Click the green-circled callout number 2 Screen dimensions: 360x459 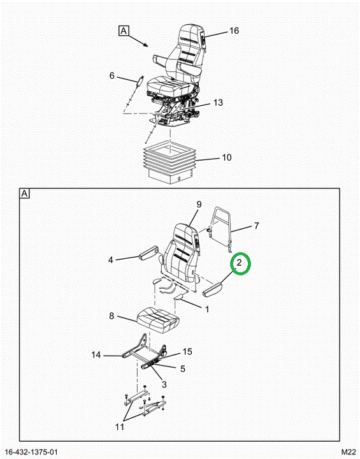(239, 263)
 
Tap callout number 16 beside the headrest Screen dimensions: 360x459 (234, 31)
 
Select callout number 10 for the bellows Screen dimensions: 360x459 (227, 157)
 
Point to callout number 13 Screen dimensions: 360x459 (218, 103)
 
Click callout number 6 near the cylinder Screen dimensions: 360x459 (112, 75)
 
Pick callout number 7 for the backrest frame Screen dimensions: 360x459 (256, 226)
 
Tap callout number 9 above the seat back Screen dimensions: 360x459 (199, 205)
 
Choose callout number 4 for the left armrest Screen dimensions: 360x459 (111, 259)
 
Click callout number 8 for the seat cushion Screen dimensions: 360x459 (112, 316)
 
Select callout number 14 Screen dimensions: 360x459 (96, 355)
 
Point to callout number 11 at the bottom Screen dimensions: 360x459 (119, 427)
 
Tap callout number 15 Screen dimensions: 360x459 (187, 351)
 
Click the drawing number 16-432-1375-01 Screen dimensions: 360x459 (31, 452)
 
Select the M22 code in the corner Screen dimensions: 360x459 (348, 452)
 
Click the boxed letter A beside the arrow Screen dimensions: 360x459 (124, 31)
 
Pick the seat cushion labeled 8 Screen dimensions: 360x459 (158, 320)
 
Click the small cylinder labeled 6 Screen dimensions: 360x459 (140, 80)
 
